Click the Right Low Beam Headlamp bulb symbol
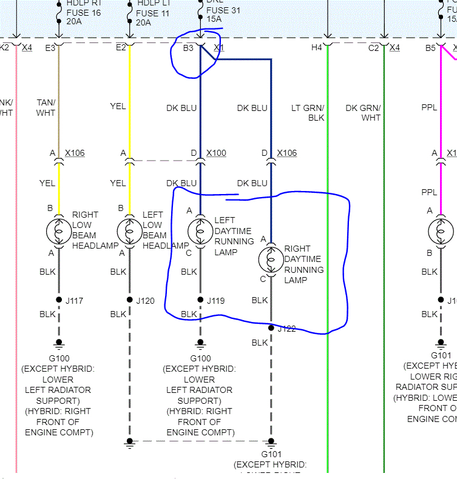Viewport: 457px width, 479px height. point(59,231)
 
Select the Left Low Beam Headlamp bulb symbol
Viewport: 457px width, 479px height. point(129,231)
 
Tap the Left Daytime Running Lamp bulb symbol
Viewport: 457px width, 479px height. point(200,231)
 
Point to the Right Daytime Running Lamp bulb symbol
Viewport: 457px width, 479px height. point(271,259)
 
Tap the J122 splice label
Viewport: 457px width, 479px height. point(287,329)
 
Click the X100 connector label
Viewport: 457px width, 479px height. point(216,153)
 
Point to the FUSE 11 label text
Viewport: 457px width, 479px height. point(152,13)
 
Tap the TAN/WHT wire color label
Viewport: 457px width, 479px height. point(46,107)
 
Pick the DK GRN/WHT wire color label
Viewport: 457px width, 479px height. point(363,113)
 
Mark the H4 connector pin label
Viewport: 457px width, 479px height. point(317,47)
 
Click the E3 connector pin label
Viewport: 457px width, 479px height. point(50,47)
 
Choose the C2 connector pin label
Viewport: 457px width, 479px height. point(373,47)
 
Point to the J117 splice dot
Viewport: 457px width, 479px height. point(59,300)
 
